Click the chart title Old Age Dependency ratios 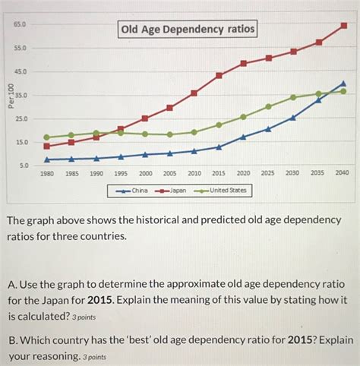tap(186, 30)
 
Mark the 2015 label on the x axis tap(219, 173)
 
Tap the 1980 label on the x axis tap(47, 173)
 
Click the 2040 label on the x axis tap(343, 173)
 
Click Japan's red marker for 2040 tap(343, 25)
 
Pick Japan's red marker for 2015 tap(219, 75)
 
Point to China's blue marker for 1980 tap(47, 159)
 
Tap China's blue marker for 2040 tap(343, 84)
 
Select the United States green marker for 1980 tap(47, 137)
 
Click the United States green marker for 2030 tap(293, 97)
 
